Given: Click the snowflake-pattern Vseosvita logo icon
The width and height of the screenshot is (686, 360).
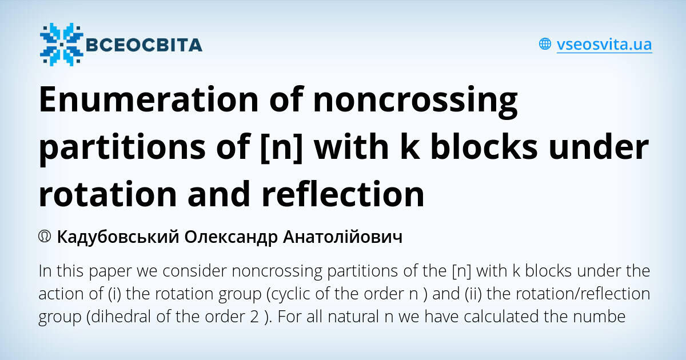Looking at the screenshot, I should (x=61, y=44).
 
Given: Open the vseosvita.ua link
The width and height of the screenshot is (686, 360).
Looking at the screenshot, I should (x=604, y=44).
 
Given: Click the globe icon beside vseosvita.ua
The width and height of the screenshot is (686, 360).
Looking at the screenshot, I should (x=545, y=44).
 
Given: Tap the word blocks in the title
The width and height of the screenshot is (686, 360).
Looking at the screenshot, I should (x=483, y=147).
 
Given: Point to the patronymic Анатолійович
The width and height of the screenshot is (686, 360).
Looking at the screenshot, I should (x=342, y=237).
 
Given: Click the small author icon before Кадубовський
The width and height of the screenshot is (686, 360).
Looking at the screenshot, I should (x=45, y=237).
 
